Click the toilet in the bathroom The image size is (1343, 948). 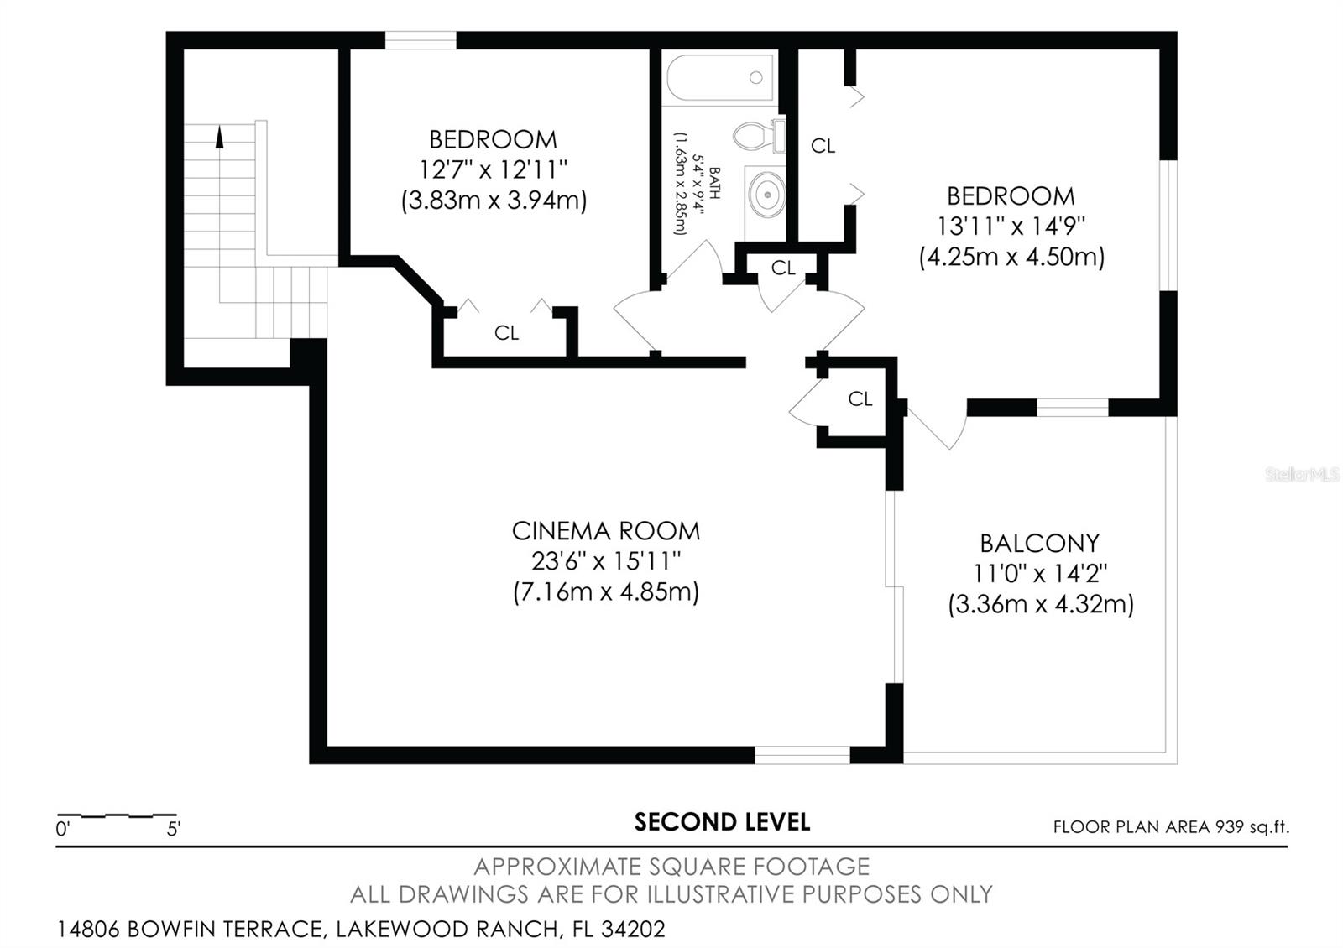pos(757,136)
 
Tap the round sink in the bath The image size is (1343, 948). pos(767,194)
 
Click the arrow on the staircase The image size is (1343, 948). pos(220,137)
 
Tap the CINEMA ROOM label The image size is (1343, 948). pos(605,531)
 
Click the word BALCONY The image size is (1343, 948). pos(1039,544)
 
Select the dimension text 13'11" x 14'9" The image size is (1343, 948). pos(1011,227)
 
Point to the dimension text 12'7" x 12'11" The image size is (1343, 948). pos(494,169)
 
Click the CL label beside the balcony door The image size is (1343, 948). pos(860,399)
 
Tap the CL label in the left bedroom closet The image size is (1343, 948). pos(506,333)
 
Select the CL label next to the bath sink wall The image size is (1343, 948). pos(823,146)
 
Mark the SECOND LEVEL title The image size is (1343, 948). pos(722,822)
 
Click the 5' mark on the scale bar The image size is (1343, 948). pos(174,830)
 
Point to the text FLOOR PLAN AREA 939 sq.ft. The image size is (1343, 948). pos(1171,827)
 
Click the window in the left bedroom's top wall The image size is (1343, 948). pos(421,40)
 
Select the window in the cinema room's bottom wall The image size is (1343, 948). pos(802,755)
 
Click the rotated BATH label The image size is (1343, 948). pos(714,182)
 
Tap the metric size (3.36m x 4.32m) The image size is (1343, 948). pos(1041,604)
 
